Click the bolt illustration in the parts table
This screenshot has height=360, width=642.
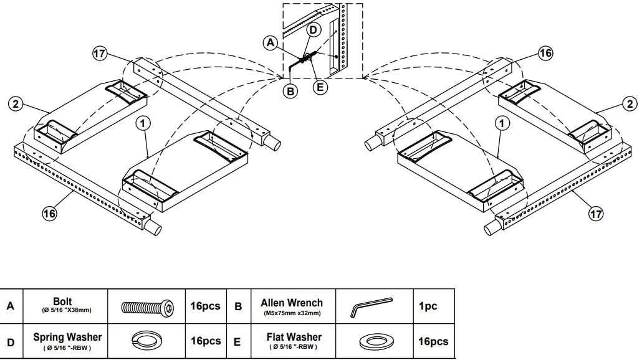pyautogui.click(x=147, y=306)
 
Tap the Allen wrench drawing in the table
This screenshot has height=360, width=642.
pyautogui.click(x=372, y=306)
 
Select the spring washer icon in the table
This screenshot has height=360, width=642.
pyautogui.click(x=147, y=341)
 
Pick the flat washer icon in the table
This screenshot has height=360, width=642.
pyautogui.click(x=372, y=341)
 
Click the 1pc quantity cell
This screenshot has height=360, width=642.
pyautogui.click(x=428, y=306)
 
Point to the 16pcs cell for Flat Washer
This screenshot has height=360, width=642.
pyautogui.click(x=433, y=341)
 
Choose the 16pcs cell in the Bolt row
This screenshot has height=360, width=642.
pyautogui.click(x=205, y=306)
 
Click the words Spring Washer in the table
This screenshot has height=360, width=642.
pyautogui.click(x=67, y=337)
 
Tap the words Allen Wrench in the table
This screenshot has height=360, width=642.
pyautogui.click(x=292, y=303)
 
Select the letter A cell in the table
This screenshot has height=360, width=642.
pyautogui.click(x=11, y=306)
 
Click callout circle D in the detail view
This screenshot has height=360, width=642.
pyautogui.click(x=314, y=29)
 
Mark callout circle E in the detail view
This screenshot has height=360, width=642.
pyautogui.click(x=320, y=87)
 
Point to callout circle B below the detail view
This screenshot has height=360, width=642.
pyautogui.click(x=290, y=91)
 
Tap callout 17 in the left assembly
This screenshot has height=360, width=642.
pyautogui.click(x=99, y=54)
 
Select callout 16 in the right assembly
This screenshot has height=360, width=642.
pyautogui.click(x=545, y=53)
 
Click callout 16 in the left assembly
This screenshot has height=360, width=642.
pyautogui.click(x=49, y=214)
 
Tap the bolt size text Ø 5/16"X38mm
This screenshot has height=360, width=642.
pyautogui.click(x=67, y=311)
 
